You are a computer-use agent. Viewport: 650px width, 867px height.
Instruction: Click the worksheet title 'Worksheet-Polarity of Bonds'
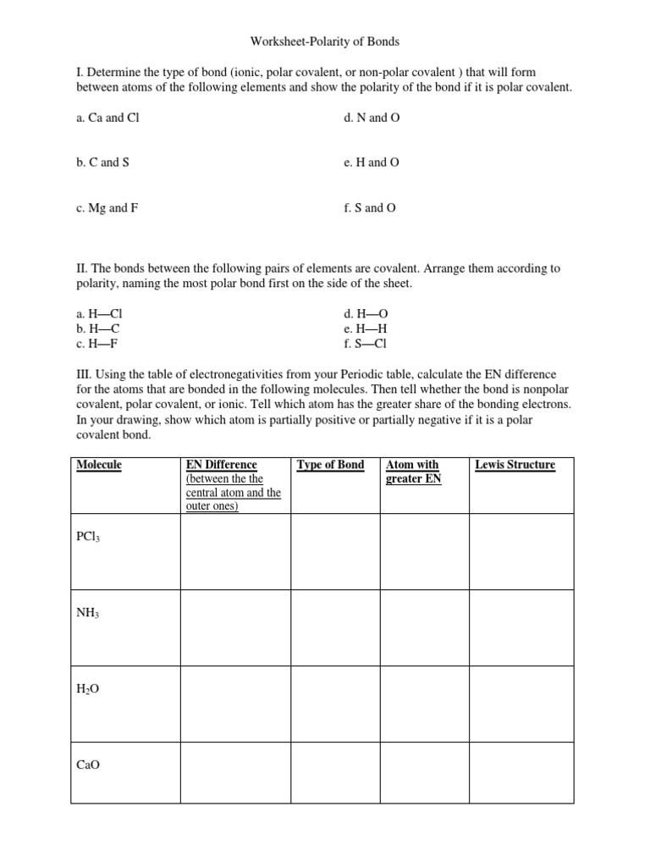point(325,41)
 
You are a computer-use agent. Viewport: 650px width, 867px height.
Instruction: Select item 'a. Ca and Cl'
point(107,118)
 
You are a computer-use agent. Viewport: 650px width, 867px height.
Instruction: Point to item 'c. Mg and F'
point(107,207)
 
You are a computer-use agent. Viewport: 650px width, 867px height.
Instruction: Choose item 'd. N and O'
point(372,118)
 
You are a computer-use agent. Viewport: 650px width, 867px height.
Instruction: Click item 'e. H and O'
point(372,163)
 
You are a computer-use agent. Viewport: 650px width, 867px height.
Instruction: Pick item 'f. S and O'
point(370,207)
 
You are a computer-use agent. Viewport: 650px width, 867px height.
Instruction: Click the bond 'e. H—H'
point(366,329)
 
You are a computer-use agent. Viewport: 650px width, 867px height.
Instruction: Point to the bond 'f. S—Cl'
point(366,344)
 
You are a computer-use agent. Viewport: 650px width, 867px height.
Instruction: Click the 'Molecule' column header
point(99,465)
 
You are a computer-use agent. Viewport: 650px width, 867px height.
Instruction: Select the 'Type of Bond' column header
point(330,465)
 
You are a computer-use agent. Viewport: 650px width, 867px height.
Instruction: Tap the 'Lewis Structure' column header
point(515,465)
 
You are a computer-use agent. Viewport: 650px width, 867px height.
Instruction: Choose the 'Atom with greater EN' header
point(414,472)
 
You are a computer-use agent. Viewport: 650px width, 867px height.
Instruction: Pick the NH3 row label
point(88,612)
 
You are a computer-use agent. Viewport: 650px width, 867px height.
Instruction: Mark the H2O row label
point(88,689)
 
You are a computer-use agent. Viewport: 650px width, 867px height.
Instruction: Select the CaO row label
point(88,765)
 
